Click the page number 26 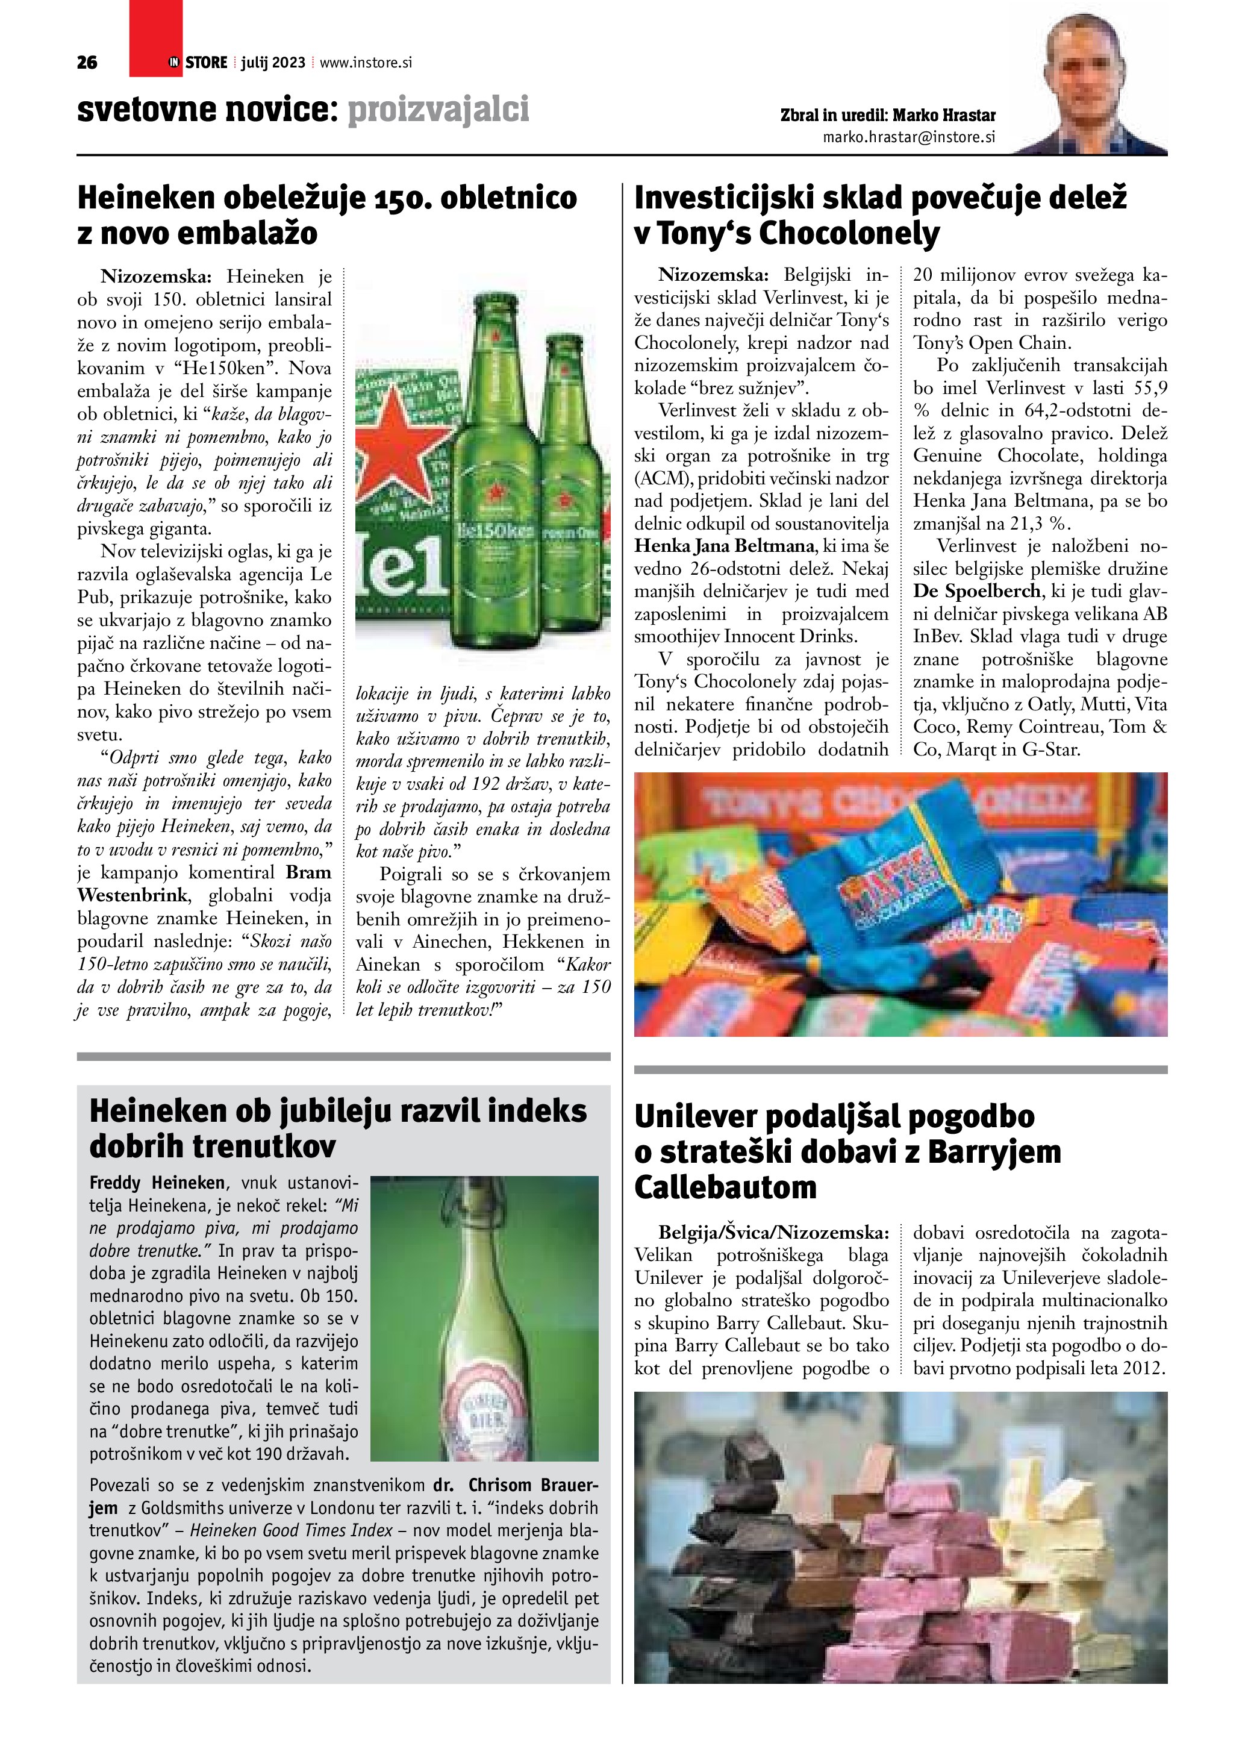[87, 63]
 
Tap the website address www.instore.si [366, 63]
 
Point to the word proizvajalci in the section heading [438, 110]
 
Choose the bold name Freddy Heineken [157, 1182]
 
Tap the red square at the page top [155, 39]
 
